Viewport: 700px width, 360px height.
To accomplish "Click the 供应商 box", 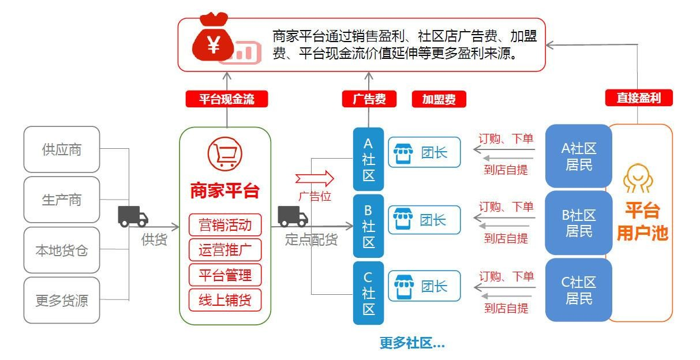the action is pyautogui.click(x=62, y=149).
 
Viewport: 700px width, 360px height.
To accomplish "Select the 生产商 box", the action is pyautogui.click(x=62, y=200).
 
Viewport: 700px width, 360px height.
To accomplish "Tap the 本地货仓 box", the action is pyautogui.click(x=62, y=250).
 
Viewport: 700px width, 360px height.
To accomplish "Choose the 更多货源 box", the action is pyautogui.click(x=62, y=301).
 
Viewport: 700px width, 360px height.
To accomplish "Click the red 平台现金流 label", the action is pyautogui.click(x=227, y=99).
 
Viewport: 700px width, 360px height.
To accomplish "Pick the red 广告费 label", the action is pyautogui.click(x=369, y=99).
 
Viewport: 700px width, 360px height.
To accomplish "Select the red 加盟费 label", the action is pyautogui.click(x=439, y=99).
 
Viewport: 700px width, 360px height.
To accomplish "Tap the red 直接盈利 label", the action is pyautogui.click(x=639, y=98).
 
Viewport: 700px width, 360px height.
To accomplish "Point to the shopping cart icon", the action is pyautogui.click(x=224, y=153).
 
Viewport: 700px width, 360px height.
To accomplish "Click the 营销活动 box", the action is pyautogui.click(x=225, y=224).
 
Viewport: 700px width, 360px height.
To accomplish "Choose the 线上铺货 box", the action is pyautogui.click(x=225, y=301).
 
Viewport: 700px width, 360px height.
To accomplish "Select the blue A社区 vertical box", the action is pyautogui.click(x=368, y=159).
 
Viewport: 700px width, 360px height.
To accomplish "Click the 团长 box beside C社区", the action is pyautogui.click(x=424, y=286).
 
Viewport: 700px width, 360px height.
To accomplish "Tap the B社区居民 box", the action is pyautogui.click(x=578, y=223).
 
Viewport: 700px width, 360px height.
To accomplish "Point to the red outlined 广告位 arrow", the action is pyautogui.click(x=315, y=178).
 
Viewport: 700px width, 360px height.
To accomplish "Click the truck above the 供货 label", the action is pyautogui.click(x=133, y=216).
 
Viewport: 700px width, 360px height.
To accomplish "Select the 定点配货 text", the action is pyautogui.click(x=311, y=239).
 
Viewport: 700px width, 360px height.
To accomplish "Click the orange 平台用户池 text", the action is pyautogui.click(x=642, y=222).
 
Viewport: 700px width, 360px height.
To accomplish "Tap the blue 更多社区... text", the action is pyautogui.click(x=412, y=343).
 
